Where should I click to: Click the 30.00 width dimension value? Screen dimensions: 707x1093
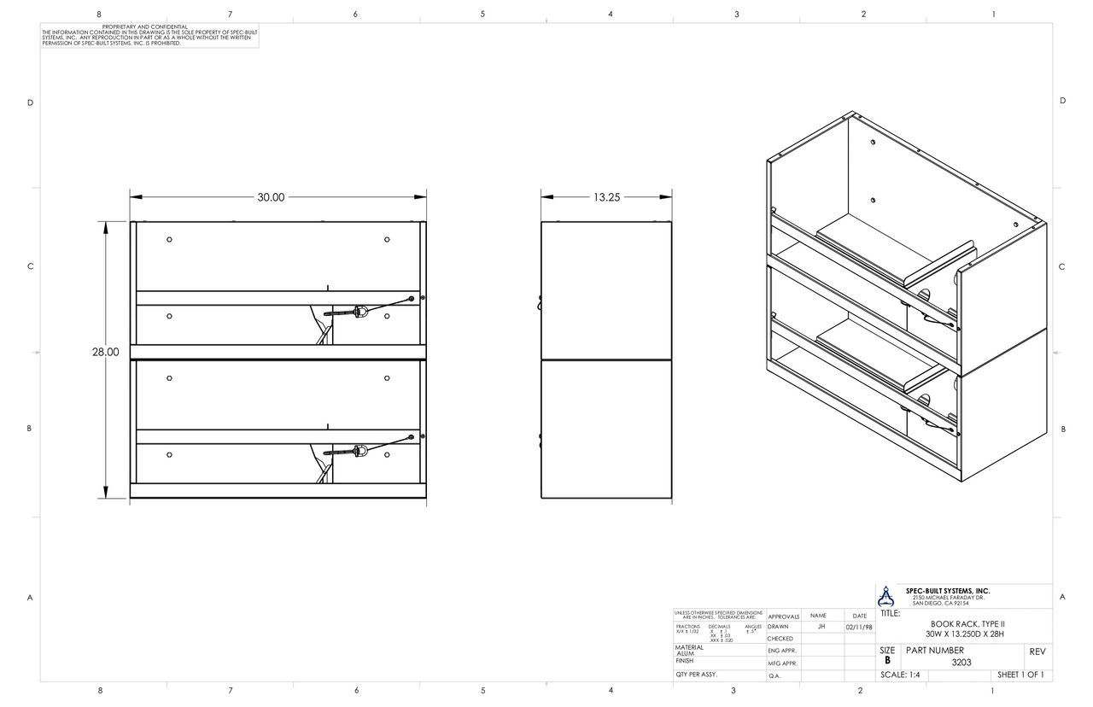click(x=271, y=197)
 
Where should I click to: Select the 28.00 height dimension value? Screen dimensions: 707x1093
click(x=106, y=352)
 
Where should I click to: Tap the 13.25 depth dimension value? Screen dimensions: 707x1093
click(x=606, y=197)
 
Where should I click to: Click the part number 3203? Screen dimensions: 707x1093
click(x=961, y=662)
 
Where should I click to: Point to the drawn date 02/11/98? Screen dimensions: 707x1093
click(x=859, y=627)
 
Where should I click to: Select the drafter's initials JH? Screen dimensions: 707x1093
click(x=821, y=626)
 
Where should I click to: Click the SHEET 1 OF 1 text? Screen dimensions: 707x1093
click(x=1020, y=675)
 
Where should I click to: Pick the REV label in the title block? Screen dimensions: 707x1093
click(x=1037, y=651)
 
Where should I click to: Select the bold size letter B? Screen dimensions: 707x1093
click(x=887, y=660)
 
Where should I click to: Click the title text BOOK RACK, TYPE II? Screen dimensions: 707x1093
click(x=967, y=624)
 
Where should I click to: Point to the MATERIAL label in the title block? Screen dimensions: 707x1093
click(x=690, y=648)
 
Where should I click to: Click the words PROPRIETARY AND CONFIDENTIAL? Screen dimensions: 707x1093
click(x=145, y=27)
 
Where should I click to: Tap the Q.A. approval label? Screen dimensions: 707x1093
click(x=774, y=675)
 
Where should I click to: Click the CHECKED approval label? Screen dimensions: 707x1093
click(x=780, y=639)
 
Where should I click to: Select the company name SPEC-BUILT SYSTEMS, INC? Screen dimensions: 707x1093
click(x=948, y=591)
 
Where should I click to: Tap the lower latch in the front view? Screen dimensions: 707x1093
click(x=359, y=450)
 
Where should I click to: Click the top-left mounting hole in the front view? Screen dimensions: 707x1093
click(x=170, y=239)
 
